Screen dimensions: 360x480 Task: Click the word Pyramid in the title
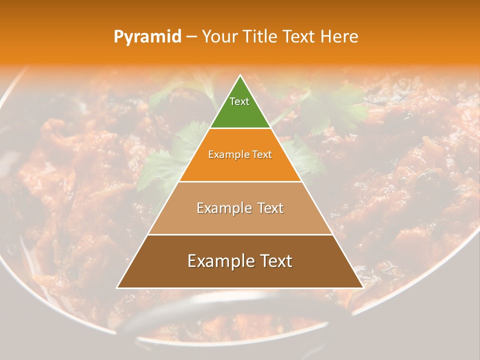[x=147, y=36]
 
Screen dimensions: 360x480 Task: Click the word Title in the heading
[x=261, y=36]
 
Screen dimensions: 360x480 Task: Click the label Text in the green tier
[x=239, y=101]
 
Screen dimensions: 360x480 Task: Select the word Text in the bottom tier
[x=275, y=261]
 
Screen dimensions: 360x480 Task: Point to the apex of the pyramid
[x=240, y=76]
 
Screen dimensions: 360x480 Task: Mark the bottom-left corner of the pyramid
[x=117, y=287]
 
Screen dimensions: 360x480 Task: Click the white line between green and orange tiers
[x=240, y=128]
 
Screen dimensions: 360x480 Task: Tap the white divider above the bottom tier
[x=240, y=234]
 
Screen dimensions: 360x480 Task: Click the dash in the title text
[x=191, y=36]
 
